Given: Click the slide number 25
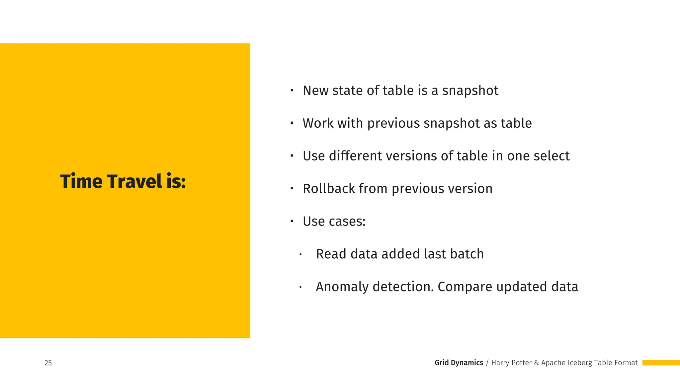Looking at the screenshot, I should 48,363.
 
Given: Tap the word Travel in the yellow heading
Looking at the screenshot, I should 134,181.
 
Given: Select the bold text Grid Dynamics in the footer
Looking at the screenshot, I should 459,363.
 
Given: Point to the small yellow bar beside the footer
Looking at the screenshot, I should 661,363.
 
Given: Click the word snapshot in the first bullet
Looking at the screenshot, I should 470,91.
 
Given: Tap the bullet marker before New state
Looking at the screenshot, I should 292,90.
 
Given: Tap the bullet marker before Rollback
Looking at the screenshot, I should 292,188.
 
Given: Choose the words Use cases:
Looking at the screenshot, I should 334,222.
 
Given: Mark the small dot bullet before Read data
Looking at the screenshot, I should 300,254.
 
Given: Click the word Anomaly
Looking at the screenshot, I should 342,287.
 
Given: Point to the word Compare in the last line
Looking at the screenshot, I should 465,287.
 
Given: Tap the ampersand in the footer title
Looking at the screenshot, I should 537,363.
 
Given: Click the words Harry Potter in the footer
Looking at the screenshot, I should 511,363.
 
